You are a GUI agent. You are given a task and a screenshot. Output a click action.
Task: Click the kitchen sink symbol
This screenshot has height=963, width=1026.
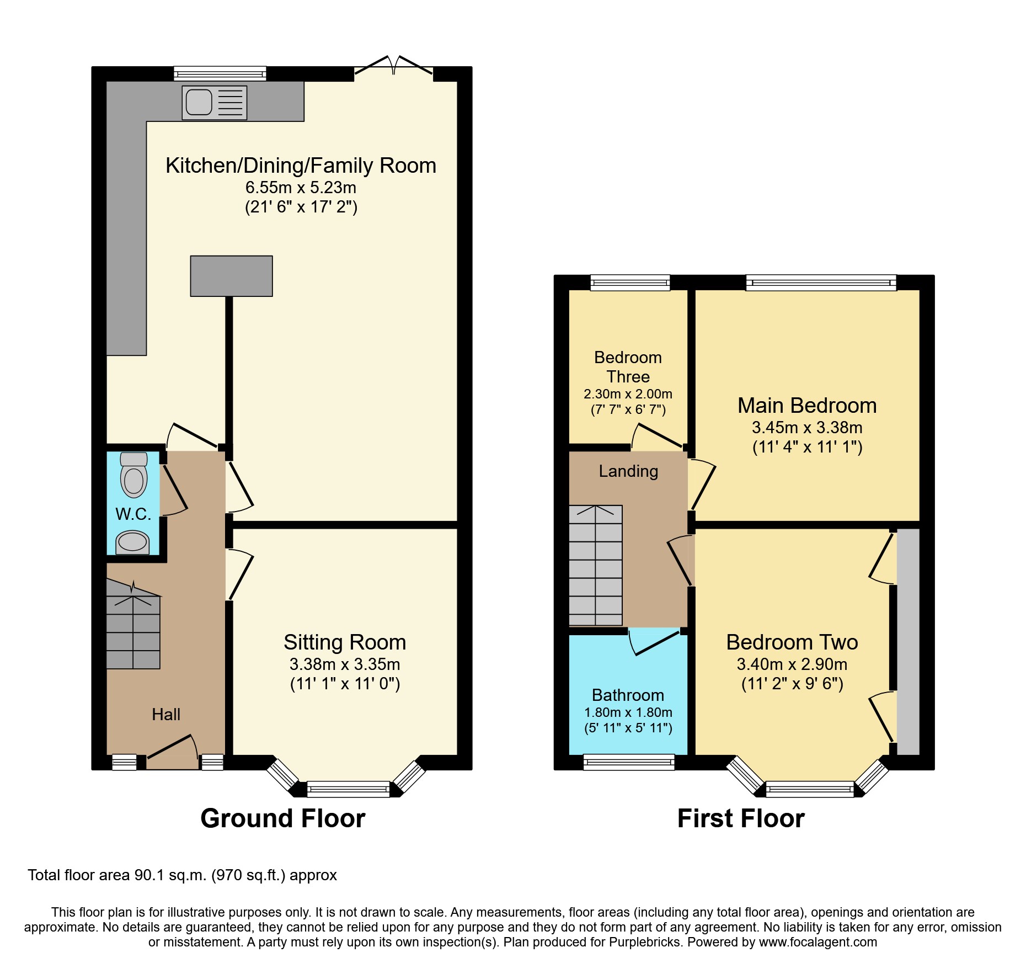[214, 103]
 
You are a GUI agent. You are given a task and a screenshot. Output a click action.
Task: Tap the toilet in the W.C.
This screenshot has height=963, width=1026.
[133, 476]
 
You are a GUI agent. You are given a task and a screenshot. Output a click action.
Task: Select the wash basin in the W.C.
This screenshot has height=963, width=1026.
[132, 542]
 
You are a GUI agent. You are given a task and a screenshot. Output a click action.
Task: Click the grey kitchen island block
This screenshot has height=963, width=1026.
[231, 276]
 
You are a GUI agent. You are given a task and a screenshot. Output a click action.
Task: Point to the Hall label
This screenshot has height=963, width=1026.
[166, 715]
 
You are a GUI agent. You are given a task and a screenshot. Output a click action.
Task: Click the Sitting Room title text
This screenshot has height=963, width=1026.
[345, 642]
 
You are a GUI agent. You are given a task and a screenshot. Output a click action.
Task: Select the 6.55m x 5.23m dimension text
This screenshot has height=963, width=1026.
[301, 188]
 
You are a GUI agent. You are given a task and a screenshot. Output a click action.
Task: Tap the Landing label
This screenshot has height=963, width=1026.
[628, 471]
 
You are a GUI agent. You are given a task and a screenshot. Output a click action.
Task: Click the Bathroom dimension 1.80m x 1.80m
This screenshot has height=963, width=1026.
[628, 712]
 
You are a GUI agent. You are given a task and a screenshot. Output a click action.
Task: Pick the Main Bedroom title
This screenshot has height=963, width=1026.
[806, 406]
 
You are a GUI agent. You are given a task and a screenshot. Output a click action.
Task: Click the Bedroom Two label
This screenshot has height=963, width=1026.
[792, 642]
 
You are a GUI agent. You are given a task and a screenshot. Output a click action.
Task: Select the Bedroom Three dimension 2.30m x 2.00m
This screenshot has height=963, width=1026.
[628, 394]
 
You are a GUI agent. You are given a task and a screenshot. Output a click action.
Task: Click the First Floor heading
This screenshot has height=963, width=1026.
[740, 818]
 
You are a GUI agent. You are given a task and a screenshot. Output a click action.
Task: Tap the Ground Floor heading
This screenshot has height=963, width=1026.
[282, 818]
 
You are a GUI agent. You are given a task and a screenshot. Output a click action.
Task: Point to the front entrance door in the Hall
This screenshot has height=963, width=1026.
[172, 750]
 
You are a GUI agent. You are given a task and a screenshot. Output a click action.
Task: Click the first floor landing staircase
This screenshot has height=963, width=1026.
[595, 565]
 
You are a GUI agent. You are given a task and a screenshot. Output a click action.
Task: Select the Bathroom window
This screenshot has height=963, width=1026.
[629, 762]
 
